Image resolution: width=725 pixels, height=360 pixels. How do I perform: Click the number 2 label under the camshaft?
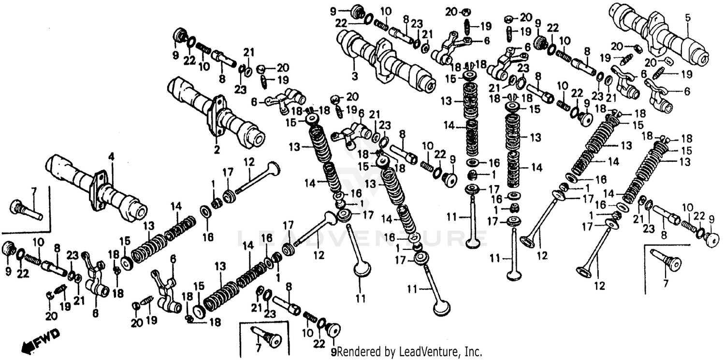point(217,150)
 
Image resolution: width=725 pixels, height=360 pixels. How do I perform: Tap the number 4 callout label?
point(111,157)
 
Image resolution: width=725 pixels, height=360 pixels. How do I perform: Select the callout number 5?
point(687,18)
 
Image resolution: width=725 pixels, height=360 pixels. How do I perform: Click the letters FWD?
point(49,334)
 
